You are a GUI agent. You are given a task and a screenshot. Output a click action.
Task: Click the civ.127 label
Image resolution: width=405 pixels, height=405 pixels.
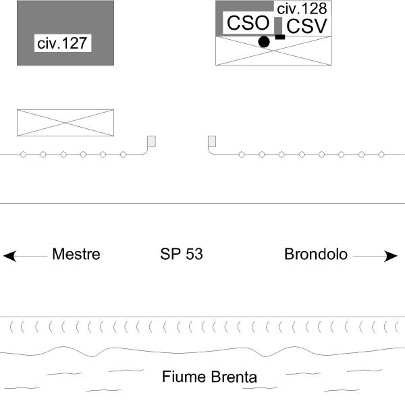62,43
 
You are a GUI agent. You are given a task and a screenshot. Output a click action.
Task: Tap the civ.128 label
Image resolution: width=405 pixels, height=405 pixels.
302,9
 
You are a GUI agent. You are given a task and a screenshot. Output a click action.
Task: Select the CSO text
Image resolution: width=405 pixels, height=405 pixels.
248,23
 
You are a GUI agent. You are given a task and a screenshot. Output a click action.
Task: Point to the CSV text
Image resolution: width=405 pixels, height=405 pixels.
306,26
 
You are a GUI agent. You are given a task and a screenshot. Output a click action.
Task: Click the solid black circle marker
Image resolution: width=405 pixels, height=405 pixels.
264,42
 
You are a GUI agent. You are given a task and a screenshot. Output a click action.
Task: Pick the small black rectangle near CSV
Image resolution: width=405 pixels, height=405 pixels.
280,37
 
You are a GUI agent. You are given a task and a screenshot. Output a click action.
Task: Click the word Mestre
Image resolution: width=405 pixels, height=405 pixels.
76,254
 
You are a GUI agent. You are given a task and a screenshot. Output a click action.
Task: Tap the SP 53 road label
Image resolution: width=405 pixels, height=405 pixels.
182,254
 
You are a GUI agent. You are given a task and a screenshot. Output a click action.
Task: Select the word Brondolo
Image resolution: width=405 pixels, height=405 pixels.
316,254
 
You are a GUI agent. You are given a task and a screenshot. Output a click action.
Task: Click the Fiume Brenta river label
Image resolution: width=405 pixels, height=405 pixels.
209,377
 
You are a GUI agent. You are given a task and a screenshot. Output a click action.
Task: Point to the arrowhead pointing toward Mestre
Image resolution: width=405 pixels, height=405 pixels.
10,256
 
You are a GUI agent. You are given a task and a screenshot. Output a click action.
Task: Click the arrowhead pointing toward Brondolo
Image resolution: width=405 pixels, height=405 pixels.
391,256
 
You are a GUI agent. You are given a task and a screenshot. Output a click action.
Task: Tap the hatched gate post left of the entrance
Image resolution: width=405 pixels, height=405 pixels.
152,141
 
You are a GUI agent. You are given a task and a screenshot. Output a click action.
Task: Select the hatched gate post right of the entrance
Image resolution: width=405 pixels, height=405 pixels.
212,141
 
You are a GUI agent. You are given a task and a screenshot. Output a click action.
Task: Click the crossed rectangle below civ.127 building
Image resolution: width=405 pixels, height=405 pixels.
65,123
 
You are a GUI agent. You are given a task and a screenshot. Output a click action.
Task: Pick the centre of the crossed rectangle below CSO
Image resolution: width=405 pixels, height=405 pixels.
273,51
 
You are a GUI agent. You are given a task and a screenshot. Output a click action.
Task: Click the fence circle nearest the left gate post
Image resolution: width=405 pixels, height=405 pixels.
124,155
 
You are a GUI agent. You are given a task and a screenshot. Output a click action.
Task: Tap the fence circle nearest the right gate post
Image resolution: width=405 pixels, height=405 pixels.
242,155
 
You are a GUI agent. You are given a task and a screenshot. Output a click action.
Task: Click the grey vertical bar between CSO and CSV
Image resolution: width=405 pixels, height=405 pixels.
278,26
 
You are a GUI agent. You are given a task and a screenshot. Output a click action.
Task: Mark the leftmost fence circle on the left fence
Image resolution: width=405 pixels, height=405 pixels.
23,155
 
